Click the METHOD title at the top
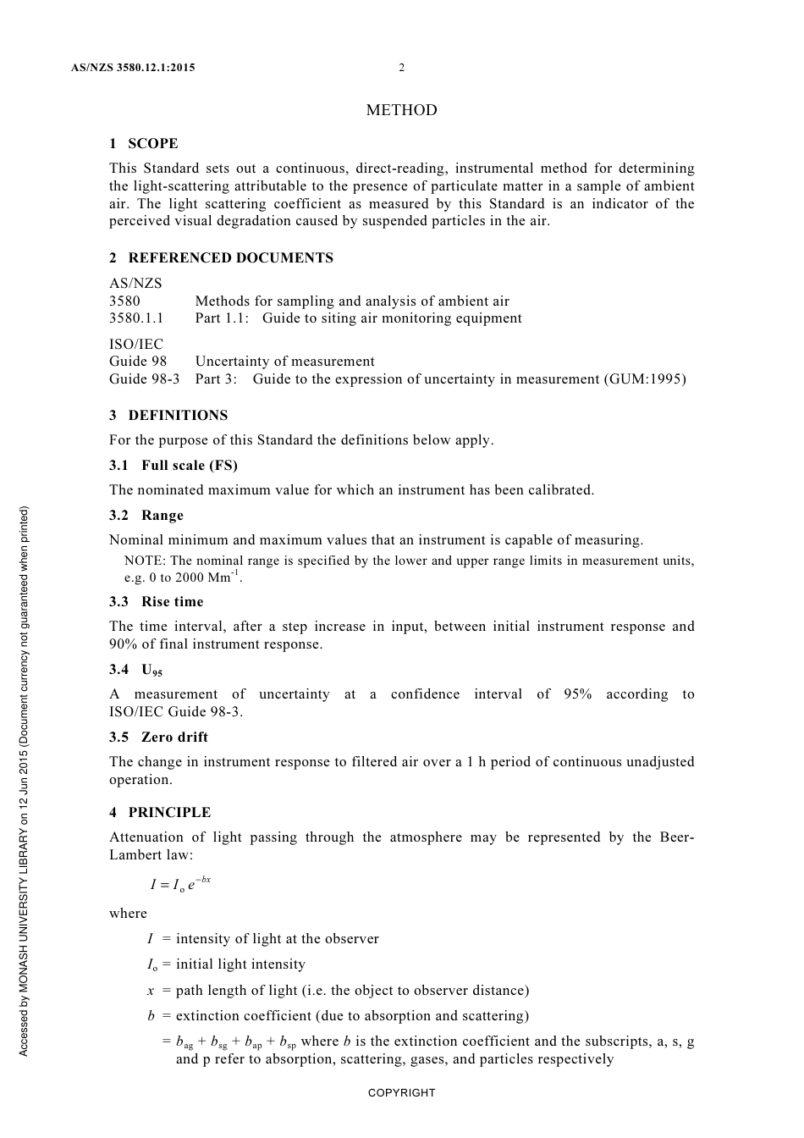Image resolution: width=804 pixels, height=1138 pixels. [x=401, y=110]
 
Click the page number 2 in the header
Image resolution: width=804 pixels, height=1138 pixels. [x=402, y=68]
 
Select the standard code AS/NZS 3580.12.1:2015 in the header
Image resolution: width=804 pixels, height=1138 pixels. [x=133, y=68]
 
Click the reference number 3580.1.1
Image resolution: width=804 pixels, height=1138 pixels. [x=136, y=318]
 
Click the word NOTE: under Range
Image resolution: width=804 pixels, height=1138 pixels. [x=145, y=561]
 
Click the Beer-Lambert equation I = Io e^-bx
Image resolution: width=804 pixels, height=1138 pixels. [x=179, y=885]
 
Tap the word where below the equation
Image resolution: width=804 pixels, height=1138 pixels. [x=128, y=914]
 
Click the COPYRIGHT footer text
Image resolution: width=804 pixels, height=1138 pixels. [x=401, y=1093]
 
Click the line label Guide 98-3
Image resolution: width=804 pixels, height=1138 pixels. [x=144, y=378]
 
